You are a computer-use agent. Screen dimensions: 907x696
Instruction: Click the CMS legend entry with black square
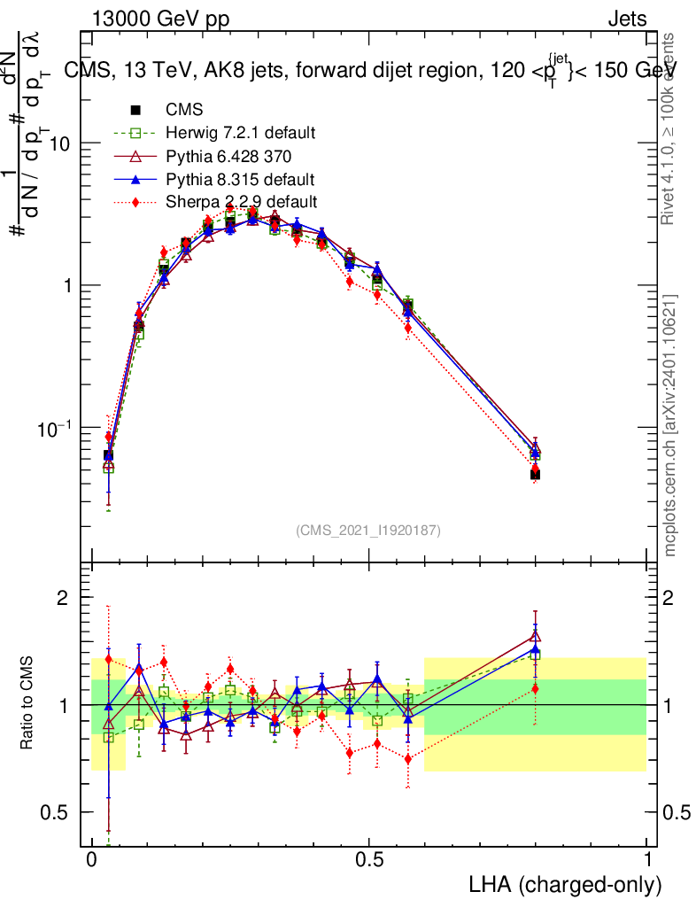click(x=184, y=110)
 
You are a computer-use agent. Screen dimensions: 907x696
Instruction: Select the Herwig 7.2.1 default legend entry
click(x=240, y=133)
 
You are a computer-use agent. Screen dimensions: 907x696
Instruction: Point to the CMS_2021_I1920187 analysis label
click(x=368, y=530)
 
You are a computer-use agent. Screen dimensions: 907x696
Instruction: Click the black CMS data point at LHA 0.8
click(x=535, y=475)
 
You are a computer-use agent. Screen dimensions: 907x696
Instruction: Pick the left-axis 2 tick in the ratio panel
click(x=63, y=598)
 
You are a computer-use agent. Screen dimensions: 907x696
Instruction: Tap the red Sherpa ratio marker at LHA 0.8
click(x=535, y=688)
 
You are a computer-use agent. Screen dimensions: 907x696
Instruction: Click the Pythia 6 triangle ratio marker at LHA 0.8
click(x=535, y=636)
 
